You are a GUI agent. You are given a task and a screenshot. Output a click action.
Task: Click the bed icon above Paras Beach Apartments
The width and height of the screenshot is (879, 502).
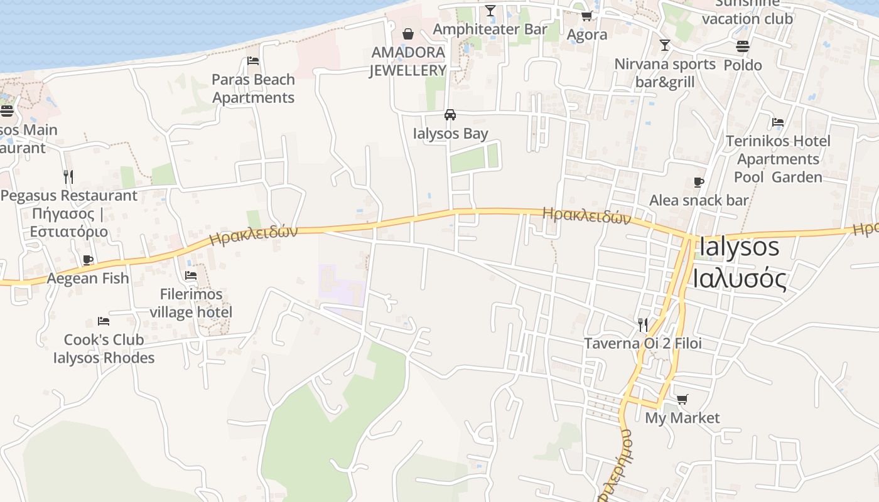pyautogui.click(x=253, y=61)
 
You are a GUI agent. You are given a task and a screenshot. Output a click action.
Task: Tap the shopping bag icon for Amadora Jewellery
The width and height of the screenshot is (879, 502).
pyautogui.click(x=408, y=33)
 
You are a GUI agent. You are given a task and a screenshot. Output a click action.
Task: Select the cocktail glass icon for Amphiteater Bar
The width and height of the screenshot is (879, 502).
pyautogui.click(x=490, y=11)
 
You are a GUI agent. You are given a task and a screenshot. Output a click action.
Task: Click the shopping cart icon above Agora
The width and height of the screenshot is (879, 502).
pyautogui.click(x=586, y=16)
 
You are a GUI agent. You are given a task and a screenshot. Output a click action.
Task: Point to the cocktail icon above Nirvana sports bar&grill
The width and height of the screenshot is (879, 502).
pyautogui.click(x=664, y=45)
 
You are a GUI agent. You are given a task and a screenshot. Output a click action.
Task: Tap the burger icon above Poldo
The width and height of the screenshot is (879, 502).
pyautogui.click(x=743, y=46)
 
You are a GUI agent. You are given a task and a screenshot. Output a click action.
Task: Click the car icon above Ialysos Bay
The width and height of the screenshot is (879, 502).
pyautogui.click(x=450, y=115)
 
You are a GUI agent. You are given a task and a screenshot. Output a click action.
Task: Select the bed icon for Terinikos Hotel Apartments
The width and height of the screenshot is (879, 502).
pyautogui.click(x=778, y=122)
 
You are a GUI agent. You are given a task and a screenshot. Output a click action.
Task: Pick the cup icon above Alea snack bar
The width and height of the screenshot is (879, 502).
pyautogui.click(x=698, y=183)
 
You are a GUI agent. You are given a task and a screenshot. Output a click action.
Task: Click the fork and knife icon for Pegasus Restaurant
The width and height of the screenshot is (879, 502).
pyautogui.click(x=68, y=177)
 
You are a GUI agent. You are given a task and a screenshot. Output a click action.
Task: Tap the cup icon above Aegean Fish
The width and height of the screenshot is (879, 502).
pyautogui.click(x=88, y=260)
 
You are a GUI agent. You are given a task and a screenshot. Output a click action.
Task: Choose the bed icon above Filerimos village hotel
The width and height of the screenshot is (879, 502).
pyautogui.click(x=191, y=275)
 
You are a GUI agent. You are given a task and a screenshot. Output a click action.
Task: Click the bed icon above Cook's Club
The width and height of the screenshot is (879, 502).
pyautogui.click(x=104, y=321)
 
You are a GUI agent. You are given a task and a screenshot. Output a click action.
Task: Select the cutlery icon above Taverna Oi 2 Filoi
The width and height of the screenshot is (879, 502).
pyautogui.click(x=642, y=324)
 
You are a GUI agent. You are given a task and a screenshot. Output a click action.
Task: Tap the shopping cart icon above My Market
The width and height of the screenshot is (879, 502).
pyautogui.click(x=682, y=399)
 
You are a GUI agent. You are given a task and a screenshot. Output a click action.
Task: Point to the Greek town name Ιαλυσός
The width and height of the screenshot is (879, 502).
pyautogui.click(x=740, y=278)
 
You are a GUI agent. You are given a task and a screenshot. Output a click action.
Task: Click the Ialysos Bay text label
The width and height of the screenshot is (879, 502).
pyautogui.click(x=450, y=134)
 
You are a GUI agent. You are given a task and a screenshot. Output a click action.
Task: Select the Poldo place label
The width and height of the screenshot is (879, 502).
pyautogui.click(x=743, y=65)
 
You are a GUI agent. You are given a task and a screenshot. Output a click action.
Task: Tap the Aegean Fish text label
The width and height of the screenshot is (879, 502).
pyautogui.click(x=88, y=278)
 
